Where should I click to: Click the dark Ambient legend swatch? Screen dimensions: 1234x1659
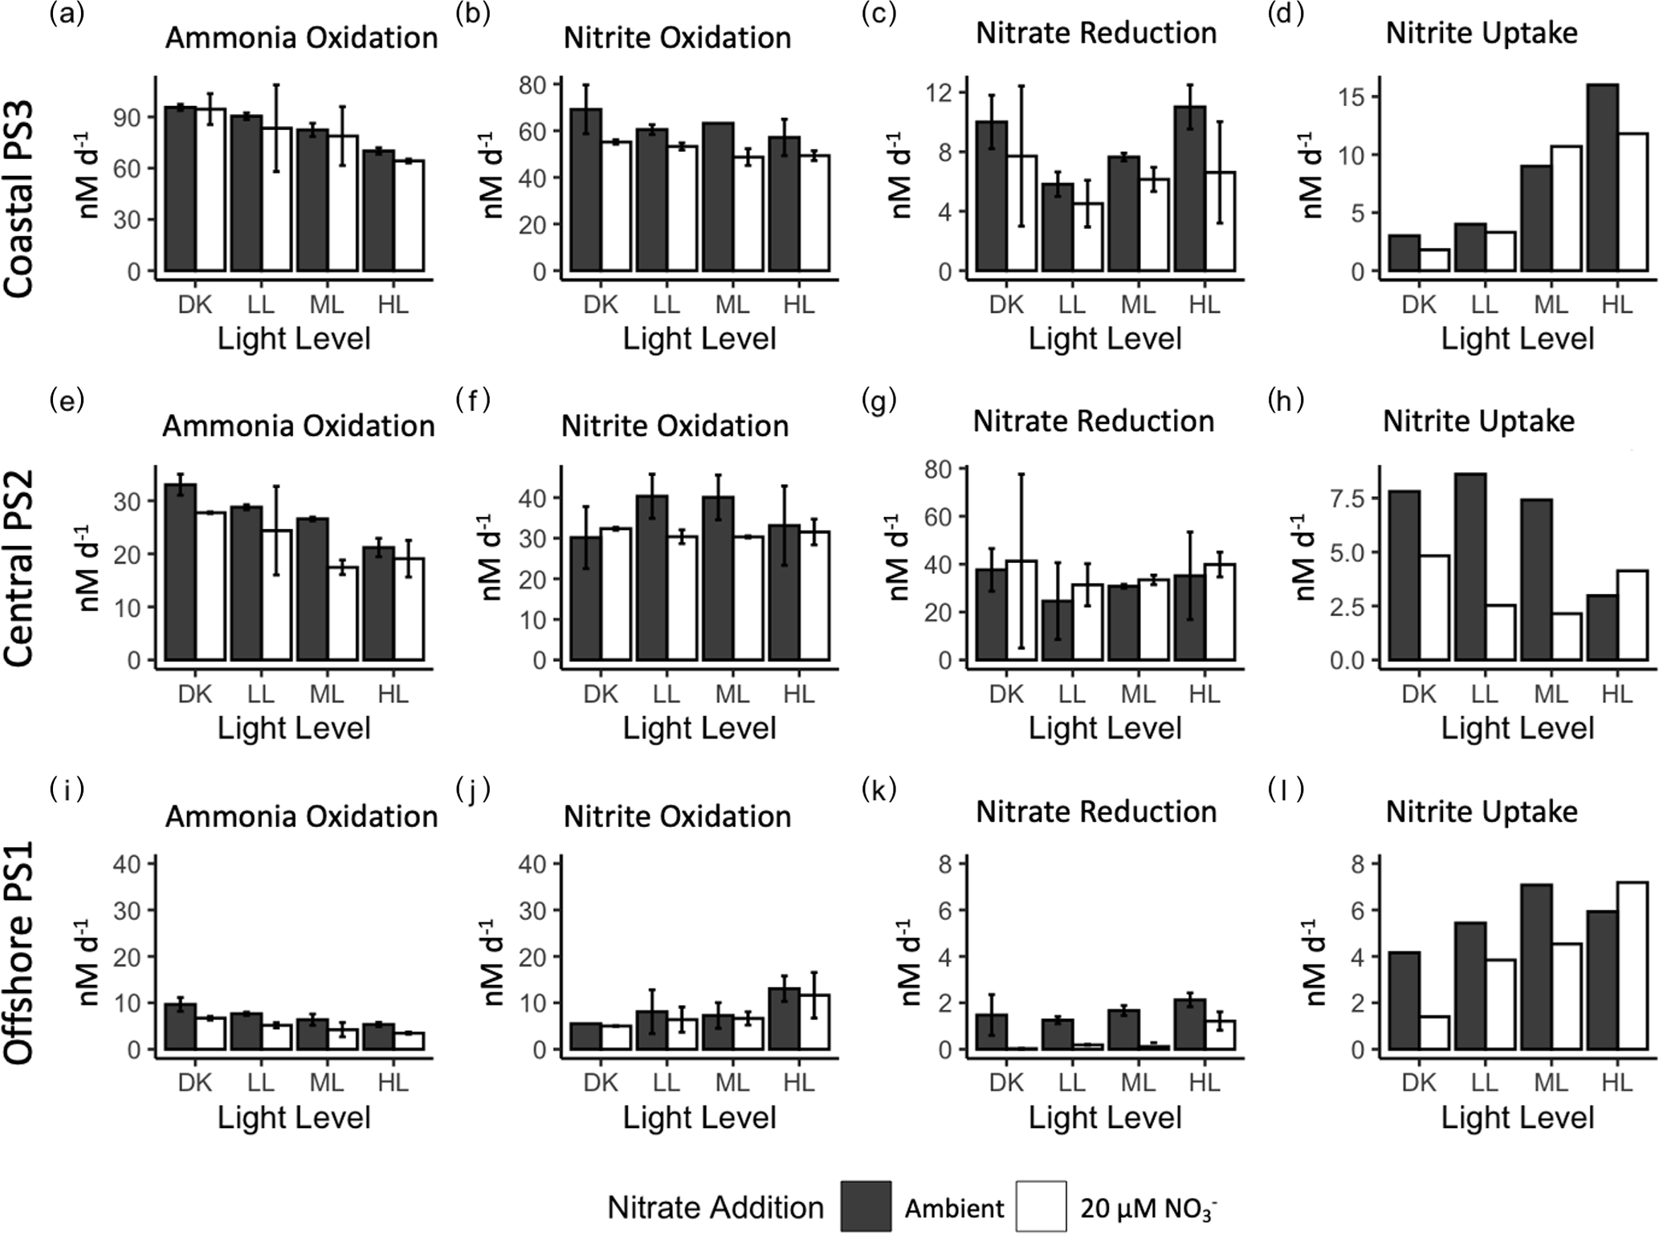pos(866,1205)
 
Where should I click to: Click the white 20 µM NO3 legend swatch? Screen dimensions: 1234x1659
pos(1041,1205)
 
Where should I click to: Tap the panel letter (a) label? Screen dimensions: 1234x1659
pos(67,14)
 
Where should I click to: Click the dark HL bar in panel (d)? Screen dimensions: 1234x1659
pos(1602,177)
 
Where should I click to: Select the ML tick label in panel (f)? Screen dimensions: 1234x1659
pos(732,694)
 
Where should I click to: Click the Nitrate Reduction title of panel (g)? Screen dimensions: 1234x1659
pos(1093,421)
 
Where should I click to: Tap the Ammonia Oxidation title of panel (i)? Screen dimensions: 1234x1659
pos(301,817)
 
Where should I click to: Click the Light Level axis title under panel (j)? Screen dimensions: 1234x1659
pos(699,1118)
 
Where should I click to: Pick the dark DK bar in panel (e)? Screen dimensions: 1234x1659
pos(181,572)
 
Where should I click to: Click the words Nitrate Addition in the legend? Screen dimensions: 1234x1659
pos(715,1207)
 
